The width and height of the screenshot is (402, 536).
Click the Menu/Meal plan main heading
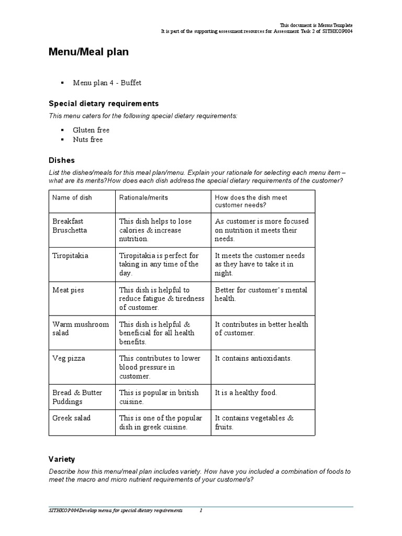[88, 52]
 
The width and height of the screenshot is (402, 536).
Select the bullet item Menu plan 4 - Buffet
[107, 83]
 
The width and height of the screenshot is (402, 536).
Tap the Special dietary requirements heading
[103, 104]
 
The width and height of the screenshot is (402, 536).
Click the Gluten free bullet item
[91, 130]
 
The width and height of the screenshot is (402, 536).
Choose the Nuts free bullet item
[88, 139]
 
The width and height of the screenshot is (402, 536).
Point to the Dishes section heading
[62, 160]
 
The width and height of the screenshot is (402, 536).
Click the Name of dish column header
[72, 197]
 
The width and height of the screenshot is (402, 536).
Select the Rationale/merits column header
[143, 197]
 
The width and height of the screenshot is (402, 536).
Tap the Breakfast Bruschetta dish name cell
[70, 226]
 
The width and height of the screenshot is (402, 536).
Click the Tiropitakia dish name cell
[71, 255]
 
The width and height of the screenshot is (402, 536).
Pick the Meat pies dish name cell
[68, 290]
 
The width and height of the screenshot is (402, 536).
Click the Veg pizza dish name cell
[69, 359]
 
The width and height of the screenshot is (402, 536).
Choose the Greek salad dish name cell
[72, 418]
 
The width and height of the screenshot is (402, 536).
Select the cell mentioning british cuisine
[159, 397]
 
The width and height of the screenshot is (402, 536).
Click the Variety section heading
[62, 459]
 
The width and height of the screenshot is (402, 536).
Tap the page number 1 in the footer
[200, 510]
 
